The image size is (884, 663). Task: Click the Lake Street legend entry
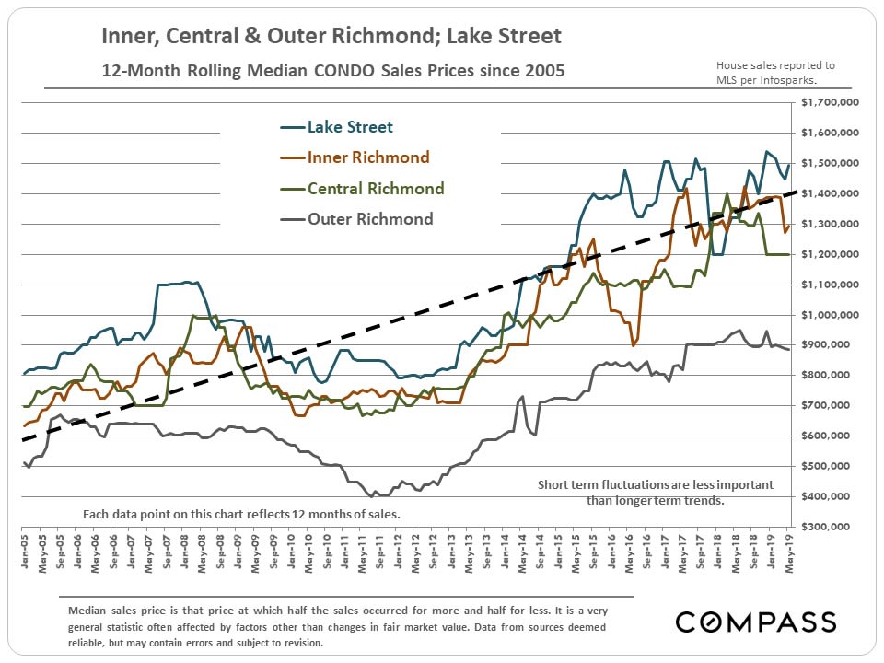(351, 127)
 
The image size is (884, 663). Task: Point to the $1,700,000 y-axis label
(832, 103)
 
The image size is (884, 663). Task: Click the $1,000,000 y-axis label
(832, 315)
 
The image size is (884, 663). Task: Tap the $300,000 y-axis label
(834, 527)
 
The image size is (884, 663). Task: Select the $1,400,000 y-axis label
(832, 194)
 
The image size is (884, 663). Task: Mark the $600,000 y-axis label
(834, 436)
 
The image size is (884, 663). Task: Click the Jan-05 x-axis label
(23, 546)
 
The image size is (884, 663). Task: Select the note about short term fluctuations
(655, 493)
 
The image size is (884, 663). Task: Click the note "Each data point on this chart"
(241, 514)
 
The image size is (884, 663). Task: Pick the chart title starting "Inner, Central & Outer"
(331, 38)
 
